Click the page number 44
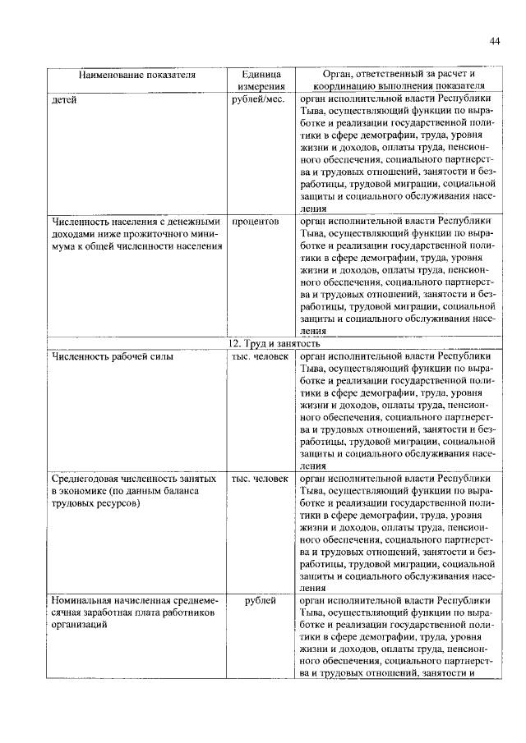pyautogui.click(x=494, y=40)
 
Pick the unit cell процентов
pyautogui.click(x=256, y=222)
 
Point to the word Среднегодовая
pyautogui.click(x=89, y=478)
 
